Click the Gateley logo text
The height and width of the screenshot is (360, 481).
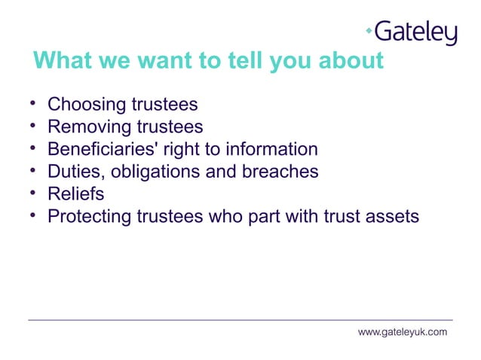click(415, 32)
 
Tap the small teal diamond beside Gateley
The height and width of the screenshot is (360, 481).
click(369, 30)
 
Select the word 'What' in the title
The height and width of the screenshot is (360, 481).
click(61, 61)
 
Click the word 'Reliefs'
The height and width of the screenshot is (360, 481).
click(75, 194)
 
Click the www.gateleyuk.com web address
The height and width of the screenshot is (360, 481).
click(402, 332)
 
